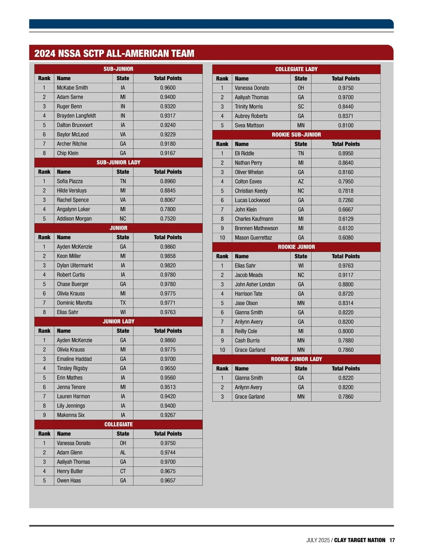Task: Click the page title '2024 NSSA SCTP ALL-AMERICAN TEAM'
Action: click(x=114, y=53)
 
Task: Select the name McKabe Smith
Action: click(x=72, y=88)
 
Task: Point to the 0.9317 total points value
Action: click(x=168, y=115)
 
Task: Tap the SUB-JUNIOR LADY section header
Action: click(x=118, y=162)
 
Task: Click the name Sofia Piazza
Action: click(x=70, y=181)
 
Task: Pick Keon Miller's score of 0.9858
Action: click(x=168, y=256)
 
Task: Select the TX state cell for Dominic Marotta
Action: click(x=123, y=303)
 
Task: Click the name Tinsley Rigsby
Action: click(x=72, y=368)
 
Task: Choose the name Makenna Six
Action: click(x=71, y=415)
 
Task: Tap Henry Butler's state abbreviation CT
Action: click(x=123, y=471)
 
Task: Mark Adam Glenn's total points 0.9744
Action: click(x=168, y=452)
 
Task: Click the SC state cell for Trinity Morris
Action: click(x=301, y=107)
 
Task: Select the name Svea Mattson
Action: click(x=249, y=125)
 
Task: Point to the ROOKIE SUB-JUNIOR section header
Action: click(x=296, y=134)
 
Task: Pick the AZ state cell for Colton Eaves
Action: click(x=301, y=181)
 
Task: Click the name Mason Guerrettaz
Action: click(x=253, y=238)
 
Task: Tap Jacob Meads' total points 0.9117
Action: click(x=346, y=275)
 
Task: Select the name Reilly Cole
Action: click(x=246, y=331)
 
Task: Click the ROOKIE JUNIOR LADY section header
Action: click(x=296, y=359)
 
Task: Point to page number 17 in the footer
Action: click(x=392, y=540)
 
